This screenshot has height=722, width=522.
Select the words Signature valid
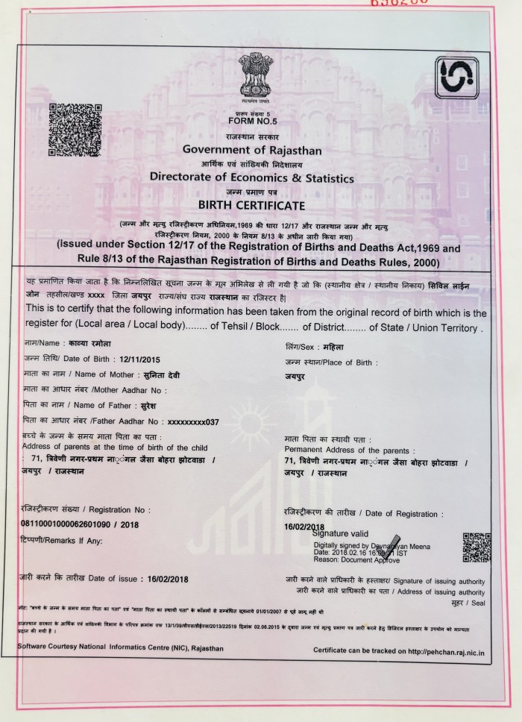[340, 534]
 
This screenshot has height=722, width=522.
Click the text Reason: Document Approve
[352, 559]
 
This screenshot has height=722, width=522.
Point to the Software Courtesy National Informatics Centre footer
[121, 647]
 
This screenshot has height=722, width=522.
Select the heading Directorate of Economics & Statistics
[252, 178]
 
